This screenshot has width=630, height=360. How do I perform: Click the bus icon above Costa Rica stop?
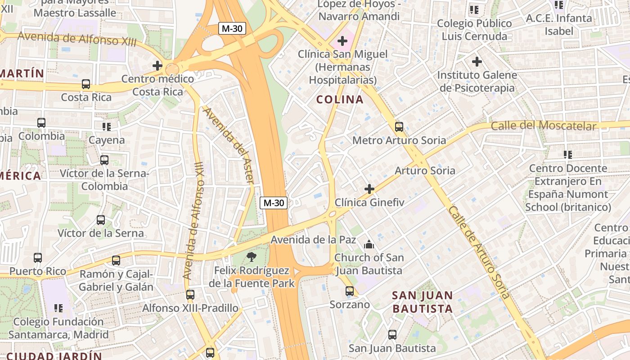(x=85, y=84)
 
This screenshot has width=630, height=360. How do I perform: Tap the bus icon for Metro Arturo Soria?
(x=399, y=127)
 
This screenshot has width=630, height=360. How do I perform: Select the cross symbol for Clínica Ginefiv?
(x=369, y=189)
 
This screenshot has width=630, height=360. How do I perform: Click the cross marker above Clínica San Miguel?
(x=342, y=41)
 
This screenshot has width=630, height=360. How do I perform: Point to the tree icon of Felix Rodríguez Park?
(x=252, y=257)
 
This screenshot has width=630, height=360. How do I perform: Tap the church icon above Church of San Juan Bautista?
(x=369, y=244)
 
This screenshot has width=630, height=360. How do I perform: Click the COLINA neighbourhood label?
(x=340, y=99)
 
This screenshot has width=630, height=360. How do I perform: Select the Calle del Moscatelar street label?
(x=544, y=126)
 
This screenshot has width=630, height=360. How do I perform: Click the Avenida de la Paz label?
(x=313, y=239)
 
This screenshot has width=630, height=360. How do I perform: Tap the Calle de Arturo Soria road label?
(x=479, y=252)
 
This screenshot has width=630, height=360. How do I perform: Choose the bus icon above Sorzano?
(x=350, y=291)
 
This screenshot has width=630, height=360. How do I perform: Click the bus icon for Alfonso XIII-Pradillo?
(x=190, y=295)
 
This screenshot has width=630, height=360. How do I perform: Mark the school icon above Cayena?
(x=106, y=127)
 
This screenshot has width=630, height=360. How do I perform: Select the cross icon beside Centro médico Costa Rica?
(x=157, y=66)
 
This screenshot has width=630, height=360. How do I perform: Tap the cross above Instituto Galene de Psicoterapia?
(x=477, y=61)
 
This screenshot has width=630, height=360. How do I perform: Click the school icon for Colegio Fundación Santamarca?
(x=58, y=308)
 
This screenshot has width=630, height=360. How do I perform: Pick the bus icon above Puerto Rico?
(x=38, y=258)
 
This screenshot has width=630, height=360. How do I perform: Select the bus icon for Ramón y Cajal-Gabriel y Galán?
(x=116, y=260)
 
